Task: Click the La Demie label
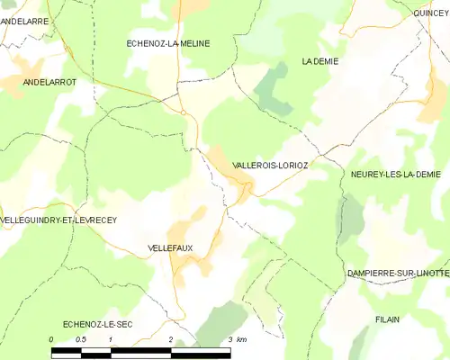pos(319,61)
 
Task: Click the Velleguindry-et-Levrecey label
pos(58,220)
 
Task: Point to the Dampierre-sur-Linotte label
pos(397,273)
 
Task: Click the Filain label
pos(388,319)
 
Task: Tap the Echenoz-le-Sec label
pos(97,322)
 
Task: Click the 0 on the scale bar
pos(51,339)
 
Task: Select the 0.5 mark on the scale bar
pos(80,339)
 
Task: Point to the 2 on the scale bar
pos(170,339)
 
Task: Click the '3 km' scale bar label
pos(237,339)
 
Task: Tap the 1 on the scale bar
pos(110,339)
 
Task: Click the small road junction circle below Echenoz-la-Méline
pos(183,112)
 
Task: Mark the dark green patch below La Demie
pos(273,90)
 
